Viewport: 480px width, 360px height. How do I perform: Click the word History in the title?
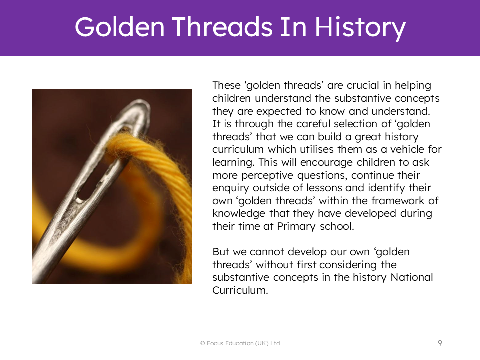pos(361,28)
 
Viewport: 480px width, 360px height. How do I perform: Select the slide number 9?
pos(440,343)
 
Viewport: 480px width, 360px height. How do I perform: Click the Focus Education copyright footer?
pos(240,343)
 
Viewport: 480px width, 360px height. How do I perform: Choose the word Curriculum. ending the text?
pos(240,290)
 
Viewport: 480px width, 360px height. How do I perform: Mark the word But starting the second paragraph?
pos(221,252)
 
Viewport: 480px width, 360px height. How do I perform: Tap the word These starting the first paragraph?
pos(226,85)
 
